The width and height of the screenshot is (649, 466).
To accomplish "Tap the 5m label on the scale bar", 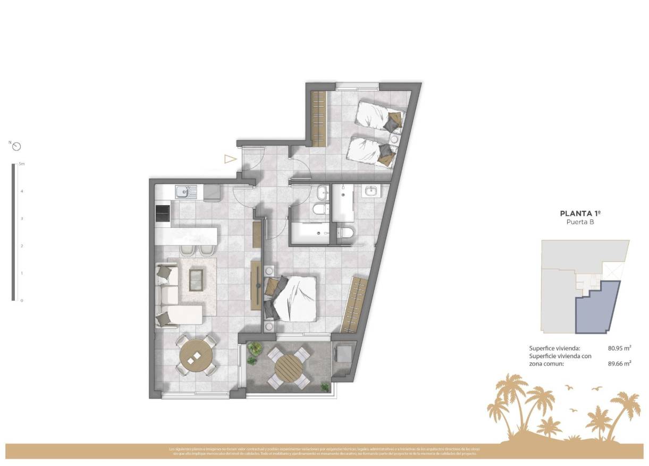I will coord(21,164).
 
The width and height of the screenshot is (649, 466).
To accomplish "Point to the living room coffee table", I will coord(196,279).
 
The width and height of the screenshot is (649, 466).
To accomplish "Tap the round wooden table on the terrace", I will coord(288,367).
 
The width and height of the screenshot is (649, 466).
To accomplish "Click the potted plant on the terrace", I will coord(254,350).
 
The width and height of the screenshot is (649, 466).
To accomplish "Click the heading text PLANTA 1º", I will coord(580,214).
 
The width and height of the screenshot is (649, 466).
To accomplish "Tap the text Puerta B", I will coord(580,223).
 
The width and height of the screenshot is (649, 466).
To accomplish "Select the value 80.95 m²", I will coord(619,349).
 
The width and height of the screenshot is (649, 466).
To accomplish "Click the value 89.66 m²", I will coord(619,363).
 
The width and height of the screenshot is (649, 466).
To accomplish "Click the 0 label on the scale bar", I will coord(21,301).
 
